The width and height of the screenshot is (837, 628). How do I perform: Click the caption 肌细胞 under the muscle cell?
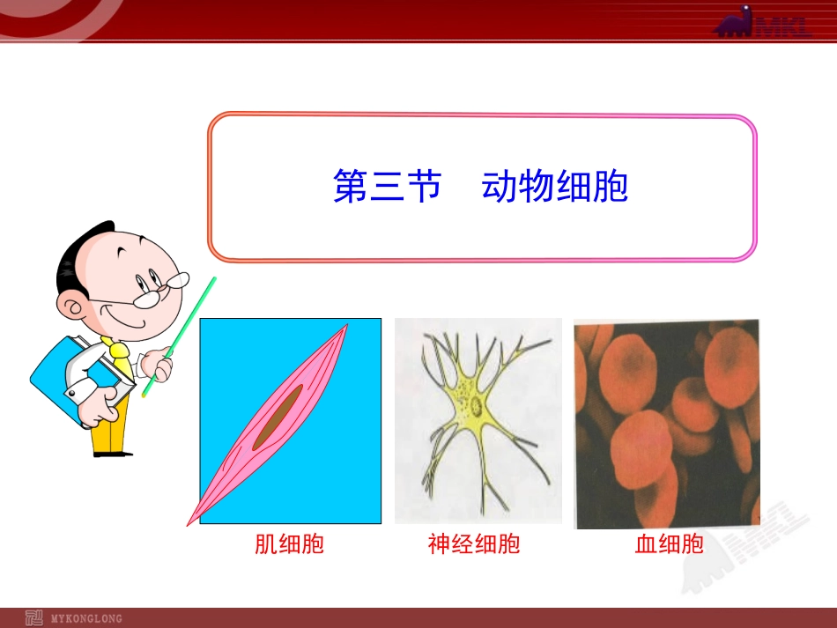[289, 544]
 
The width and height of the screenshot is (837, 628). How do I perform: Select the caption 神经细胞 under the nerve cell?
[474, 544]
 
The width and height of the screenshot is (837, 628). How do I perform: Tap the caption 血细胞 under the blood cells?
[670, 544]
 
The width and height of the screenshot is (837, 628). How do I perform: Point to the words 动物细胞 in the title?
[555, 187]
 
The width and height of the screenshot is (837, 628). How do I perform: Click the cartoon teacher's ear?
[72, 307]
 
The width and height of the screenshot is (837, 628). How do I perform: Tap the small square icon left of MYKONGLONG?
[33, 617]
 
